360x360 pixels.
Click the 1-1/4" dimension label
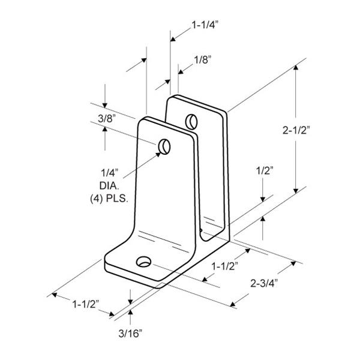pyautogui.click(x=205, y=25)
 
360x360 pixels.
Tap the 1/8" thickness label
pyautogui.click(x=202, y=60)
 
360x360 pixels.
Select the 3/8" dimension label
pyautogui.click(x=107, y=119)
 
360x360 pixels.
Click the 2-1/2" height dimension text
pyautogui.click(x=296, y=130)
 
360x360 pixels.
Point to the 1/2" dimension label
pyautogui.click(x=265, y=170)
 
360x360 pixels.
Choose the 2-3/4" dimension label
pyautogui.click(x=264, y=283)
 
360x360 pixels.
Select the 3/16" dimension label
pyautogui.click(x=130, y=334)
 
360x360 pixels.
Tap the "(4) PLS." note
pyautogui.click(x=109, y=199)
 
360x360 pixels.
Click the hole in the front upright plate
pyautogui.click(x=164, y=146)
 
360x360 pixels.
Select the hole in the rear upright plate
pyautogui.click(x=191, y=122)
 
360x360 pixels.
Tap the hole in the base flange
pyautogui.click(x=144, y=262)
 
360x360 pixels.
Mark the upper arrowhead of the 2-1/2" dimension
pyautogui.click(x=296, y=67)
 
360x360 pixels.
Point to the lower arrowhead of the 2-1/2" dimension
pyautogui.click(x=296, y=191)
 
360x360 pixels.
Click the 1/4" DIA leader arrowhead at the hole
pyautogui.click(x=158, y=154)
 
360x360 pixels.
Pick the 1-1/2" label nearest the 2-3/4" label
pyautogui.click(x=224, y=266)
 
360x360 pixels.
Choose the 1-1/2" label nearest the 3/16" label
pyautogui.click(x=86, y=304)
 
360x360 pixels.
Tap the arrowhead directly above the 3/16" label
pyautogui.click(x=130, y=312)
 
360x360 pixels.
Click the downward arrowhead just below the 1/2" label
pyautogui.click(x=263, y=200)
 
